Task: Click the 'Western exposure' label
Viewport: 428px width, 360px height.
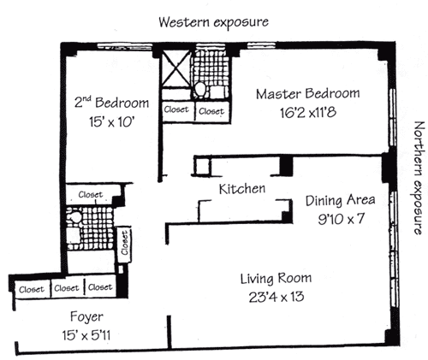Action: coord(213,22)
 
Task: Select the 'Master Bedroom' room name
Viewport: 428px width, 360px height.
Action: coord(307,94)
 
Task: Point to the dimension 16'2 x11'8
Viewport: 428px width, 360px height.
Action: coord(308,113)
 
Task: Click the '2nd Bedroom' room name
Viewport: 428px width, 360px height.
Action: coord(111,103)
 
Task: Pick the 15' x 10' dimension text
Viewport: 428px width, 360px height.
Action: coord(111,122)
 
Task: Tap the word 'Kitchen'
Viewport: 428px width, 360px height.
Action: coord(242,189)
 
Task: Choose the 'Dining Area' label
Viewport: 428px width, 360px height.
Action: coord(340,201)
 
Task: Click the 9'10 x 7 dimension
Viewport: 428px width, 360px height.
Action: coord(341,219)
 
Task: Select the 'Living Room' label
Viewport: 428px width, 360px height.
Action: coord(276,279)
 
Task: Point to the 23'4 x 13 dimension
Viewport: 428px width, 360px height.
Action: coord(276,297)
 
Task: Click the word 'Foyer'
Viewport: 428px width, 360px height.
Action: coord(86,317)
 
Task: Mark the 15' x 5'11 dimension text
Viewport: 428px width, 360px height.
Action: coord(86,335)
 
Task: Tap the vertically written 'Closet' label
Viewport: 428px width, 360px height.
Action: coord(125,243)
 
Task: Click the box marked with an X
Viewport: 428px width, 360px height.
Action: coord(175,68)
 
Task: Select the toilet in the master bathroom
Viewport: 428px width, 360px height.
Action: coord(199,89)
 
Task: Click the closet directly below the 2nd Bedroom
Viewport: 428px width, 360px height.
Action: coord(91,194)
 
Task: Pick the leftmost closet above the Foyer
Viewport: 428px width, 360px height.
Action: coord(32,290)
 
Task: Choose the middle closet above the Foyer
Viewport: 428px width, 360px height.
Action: coord(68,288)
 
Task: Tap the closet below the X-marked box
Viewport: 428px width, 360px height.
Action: coord(177,110)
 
